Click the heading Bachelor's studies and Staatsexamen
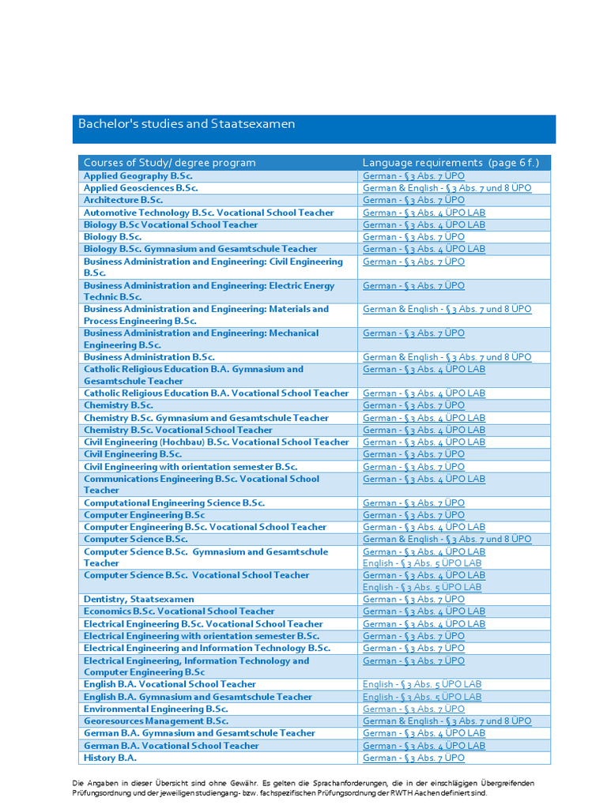coord(187,124)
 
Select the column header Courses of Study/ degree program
coord(170,163)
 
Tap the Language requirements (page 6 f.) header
coord(451,163)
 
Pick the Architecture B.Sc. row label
coord(123,200)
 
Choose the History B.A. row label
coord(111,758)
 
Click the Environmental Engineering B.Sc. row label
coord(156,709)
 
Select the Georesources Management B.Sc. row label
coord(156,721)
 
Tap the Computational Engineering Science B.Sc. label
coord(174,502)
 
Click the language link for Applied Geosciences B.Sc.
coord(447,188)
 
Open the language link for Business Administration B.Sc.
coord(447,357)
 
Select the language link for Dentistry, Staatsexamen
coord(413,599)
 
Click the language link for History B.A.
coord(413,758)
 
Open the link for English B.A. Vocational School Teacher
coord(422,684)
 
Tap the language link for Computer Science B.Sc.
coord(447,539)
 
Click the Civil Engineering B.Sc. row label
coord(133,454)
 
